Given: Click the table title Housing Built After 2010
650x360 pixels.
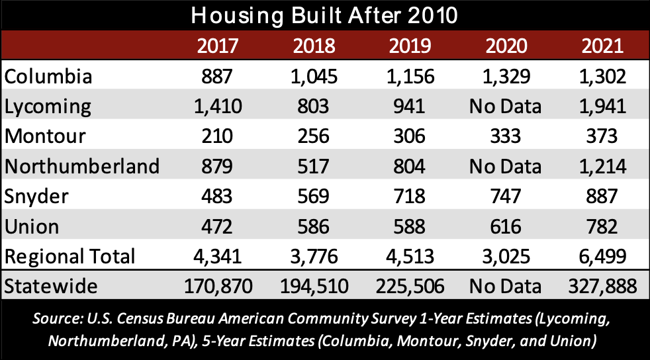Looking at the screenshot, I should point(324,15).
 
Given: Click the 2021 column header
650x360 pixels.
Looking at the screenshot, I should point(602,46).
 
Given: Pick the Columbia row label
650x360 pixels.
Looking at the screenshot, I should point(48,76).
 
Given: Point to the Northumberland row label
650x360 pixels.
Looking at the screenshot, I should point(82,166).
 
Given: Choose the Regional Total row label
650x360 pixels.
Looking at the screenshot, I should point(70,255).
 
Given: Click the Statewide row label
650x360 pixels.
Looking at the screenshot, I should point(52,287).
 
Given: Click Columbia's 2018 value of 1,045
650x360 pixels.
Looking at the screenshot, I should point(312,76).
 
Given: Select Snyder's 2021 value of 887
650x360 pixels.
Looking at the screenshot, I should point(602,196).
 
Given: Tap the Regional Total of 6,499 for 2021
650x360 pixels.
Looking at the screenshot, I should point(602,255).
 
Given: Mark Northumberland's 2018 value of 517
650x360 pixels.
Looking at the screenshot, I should point(312,166).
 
